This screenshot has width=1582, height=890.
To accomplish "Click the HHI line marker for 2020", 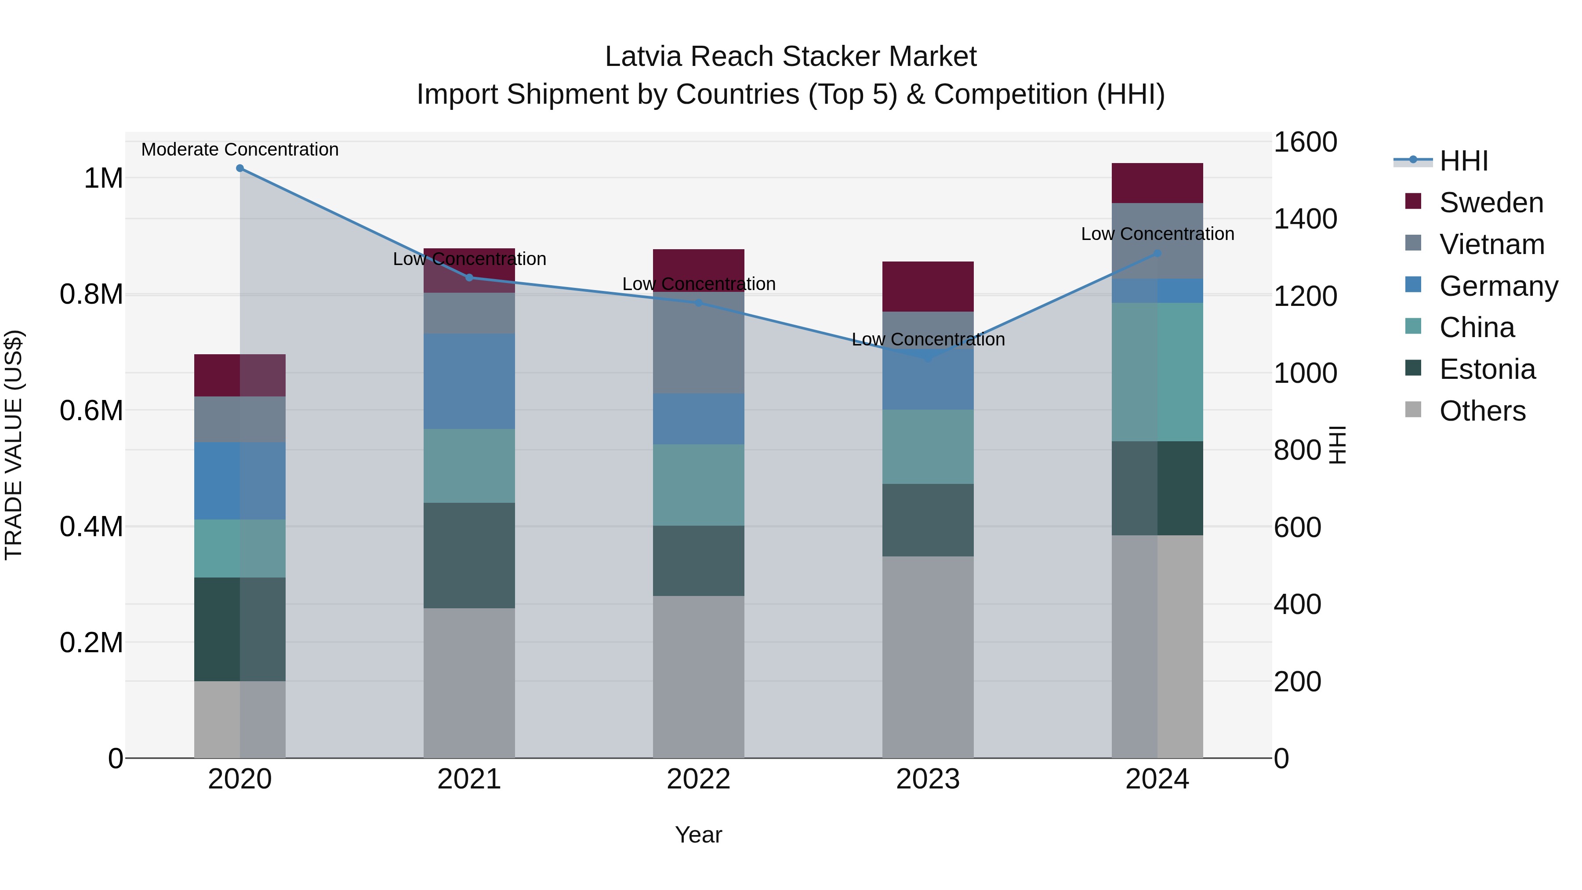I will pos(240,168).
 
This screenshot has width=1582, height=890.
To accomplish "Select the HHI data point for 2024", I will pos(1157,253).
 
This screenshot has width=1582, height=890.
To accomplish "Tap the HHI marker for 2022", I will pos(698,303).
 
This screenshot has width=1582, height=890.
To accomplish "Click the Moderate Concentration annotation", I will pos(240,149).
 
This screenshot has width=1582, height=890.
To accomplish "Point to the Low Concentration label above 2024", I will pos(1157,234).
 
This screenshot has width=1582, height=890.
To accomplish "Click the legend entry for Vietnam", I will pos(1491,244).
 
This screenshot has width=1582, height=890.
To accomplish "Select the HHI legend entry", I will pos(1463,161).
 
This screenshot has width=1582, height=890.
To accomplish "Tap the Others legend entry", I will pos(1482,410).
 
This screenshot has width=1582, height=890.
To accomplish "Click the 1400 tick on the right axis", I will pos(1305,219).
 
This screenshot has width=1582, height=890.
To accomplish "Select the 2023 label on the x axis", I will pos(928,779).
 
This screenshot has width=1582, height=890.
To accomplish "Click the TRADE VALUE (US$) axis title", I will pos(14,445).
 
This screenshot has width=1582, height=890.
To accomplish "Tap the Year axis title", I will pos(698,835).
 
